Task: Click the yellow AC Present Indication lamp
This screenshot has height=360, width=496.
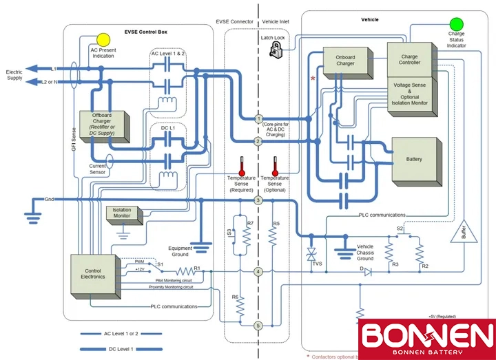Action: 103,39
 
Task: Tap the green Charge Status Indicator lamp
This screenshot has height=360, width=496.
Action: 456,24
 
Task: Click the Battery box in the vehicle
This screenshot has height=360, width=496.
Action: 414,160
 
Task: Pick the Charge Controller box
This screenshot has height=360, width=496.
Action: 409,60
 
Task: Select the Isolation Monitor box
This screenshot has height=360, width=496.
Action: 122,214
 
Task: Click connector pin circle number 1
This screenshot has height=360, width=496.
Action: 258,118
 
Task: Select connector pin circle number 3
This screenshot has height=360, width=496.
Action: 258,200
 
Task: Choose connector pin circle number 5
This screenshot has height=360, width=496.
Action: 258,326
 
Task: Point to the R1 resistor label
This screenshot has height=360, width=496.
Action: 196,267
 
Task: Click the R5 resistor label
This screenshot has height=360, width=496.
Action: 276,224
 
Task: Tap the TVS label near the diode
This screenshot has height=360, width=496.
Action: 318,263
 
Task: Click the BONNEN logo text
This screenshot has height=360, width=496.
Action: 427,335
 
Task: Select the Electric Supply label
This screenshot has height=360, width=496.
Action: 14,75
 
